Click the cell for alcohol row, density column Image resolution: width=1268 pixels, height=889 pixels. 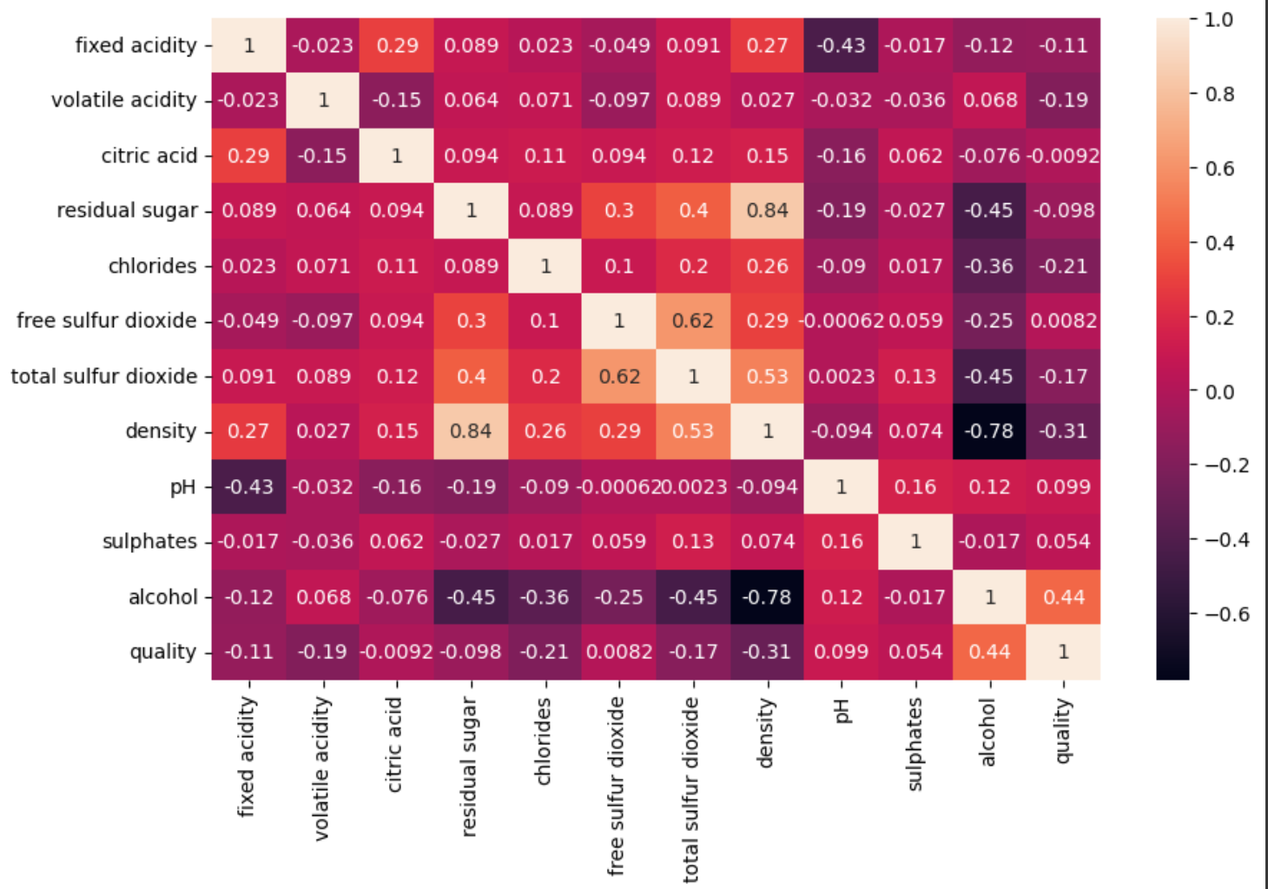pyautogui.click(x=768, y=597)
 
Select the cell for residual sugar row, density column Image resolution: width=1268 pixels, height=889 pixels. pyautogui.click(x=768, y=211)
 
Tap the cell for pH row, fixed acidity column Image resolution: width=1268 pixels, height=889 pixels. pyautogui.click(x=249, y=487)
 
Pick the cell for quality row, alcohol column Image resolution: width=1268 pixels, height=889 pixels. pyautogui.click(x=990, y=652)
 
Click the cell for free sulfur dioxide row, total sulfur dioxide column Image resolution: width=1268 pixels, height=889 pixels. pyautogui.click(x=693, y=321)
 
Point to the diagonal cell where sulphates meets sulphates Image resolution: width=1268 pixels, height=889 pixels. pyautogui.click(x=915, y=542)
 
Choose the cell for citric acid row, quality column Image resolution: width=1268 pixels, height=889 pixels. pyautogui.click(x=1064, y=156)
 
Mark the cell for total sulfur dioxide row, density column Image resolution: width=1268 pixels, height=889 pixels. pyautogui.click(x=768, y=377)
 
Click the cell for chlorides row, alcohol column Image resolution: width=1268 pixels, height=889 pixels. pyautogui.click(x=990, y=267)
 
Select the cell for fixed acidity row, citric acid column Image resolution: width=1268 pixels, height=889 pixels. pyautogui.click(x=397, y=45)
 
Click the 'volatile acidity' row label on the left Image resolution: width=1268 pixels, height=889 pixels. pyautogui.click(x=123, y=101)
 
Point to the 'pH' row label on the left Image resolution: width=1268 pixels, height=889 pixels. pyautogui.click(x=182, y=487)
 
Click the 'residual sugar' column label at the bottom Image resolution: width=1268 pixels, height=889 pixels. pyautogui.click(x=470, y=766)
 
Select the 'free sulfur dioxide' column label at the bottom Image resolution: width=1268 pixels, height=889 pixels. pyautogui.click(x=616, y=785)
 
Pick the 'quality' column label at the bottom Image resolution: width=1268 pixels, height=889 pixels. pyautogui.click(x=1063, y=731)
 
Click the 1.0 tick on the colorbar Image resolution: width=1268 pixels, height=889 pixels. pyautogui.click(x=1219, y=20)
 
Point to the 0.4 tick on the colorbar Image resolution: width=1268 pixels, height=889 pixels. pyautogui.click(x=1219, y=243)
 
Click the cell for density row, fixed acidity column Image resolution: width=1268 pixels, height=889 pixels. pyautogui.click(x=249, y=431)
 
